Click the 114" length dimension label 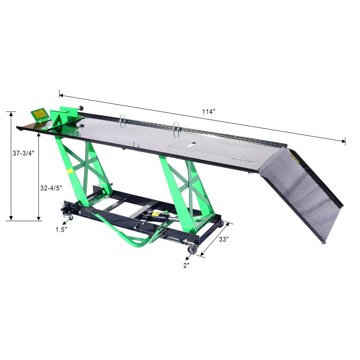[209, 112]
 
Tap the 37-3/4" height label [23, 153]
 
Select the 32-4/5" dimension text [51, 188]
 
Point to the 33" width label [224, 239]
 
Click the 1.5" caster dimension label [61, 230]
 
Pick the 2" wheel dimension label [186, 265]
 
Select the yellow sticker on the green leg [70, 171]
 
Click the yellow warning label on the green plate [41, 114]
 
